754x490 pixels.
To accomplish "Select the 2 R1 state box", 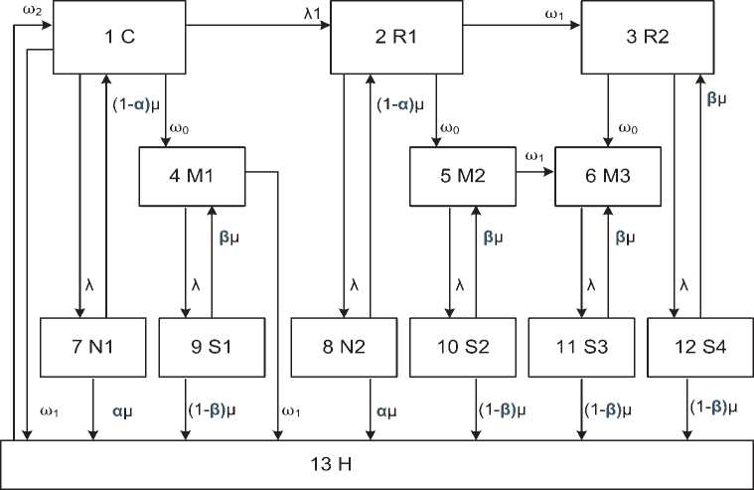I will pyautogui.click(x=395, y=37).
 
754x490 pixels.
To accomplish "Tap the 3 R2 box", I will pyautogui.click(x=647, y=37).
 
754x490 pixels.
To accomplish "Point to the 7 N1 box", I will pyautogui.click(x=93, y=348).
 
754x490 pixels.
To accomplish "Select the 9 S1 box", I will pyautogui.click(x=212, y=348).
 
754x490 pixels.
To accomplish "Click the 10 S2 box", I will pyautogui.click(x=462, y=348).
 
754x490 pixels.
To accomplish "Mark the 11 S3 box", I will pyautogui.click(x=581, y=348).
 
